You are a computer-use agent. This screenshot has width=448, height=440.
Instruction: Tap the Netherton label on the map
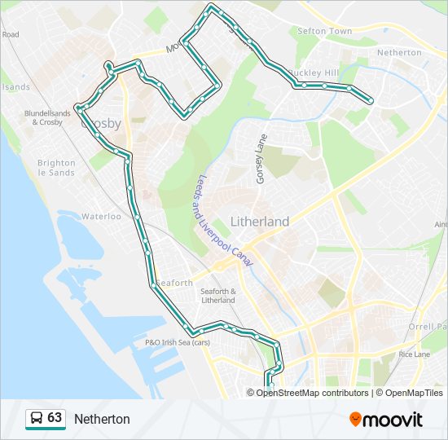point(399,52)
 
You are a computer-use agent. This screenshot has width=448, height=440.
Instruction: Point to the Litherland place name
point(259,222)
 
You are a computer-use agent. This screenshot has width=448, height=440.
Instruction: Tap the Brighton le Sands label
point(56,168)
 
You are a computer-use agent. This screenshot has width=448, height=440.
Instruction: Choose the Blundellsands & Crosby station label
point(50,118)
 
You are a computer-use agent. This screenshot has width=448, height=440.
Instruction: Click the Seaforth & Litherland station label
point(217,296)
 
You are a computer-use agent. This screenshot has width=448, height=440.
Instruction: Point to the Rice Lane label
point(414,354)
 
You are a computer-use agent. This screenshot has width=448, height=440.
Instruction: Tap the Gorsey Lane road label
point(261,158)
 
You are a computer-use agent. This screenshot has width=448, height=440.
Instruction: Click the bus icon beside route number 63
point(36,419)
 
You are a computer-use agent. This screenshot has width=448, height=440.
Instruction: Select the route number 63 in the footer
point(55,418)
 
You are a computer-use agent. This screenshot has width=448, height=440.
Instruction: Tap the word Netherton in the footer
point(102,419)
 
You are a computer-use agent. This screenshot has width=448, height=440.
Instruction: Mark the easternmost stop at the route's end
point(371,102)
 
